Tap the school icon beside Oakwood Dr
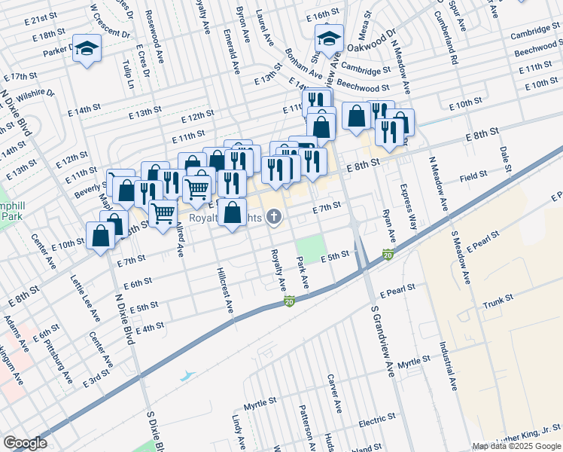[329, 38]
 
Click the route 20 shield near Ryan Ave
[388, 255]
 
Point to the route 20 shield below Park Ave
[289, 301]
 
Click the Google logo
[25, 443]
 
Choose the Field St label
[473, 176]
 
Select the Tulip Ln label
[127, 74]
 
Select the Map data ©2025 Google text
[516, 446]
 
